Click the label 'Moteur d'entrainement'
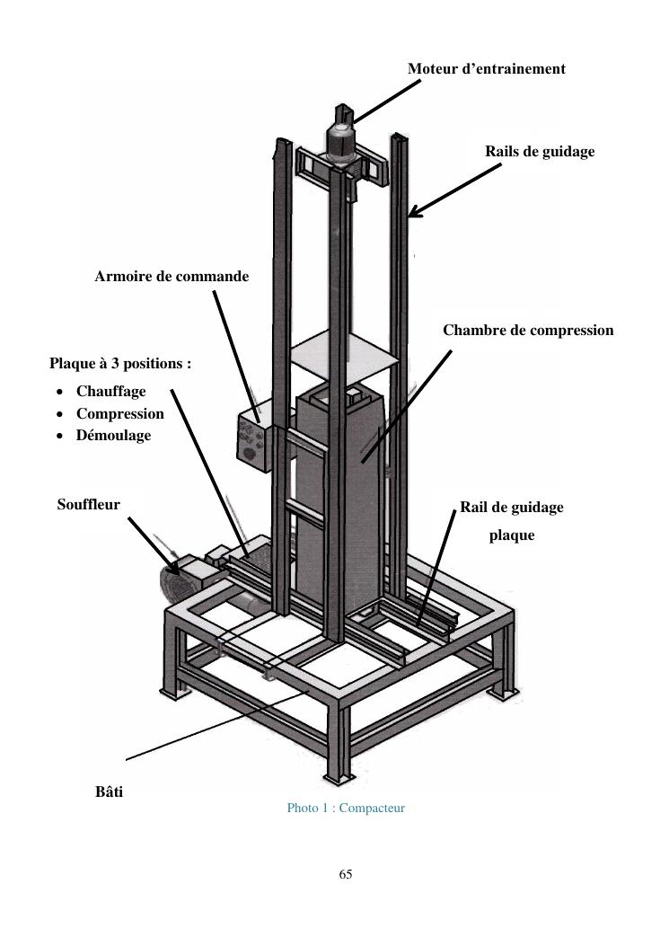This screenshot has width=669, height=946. (486, 68)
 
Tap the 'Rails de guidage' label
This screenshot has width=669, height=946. (540, 152)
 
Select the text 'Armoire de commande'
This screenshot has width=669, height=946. (172, 277)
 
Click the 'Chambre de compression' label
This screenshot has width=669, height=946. (528, 331)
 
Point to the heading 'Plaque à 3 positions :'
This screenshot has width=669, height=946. (120, 364)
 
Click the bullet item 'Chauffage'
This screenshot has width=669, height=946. (110, 392)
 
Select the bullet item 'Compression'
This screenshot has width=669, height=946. (119, 414)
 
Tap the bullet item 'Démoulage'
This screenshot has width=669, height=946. (113, 436)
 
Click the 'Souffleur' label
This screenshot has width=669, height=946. (88, 505)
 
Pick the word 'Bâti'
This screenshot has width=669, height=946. (109, 792)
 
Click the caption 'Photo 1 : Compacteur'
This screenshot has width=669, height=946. (346, 809)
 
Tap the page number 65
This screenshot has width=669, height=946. (346, 874)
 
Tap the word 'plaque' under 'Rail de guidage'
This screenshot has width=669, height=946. (511, 535)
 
